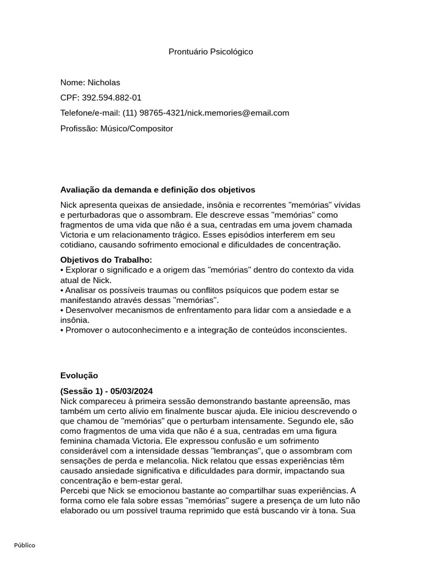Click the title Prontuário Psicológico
[210, 52]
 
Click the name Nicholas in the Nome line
[104, 82]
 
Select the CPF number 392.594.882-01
[112, 98]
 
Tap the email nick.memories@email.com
[237, 113]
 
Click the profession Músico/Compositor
[136, 129]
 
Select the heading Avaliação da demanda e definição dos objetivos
[158, 190]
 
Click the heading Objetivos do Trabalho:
[106, 260]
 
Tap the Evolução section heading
[79, 376]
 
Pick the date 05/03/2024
[131, 391]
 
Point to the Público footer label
[25, 545]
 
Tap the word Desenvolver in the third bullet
[89, 310]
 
